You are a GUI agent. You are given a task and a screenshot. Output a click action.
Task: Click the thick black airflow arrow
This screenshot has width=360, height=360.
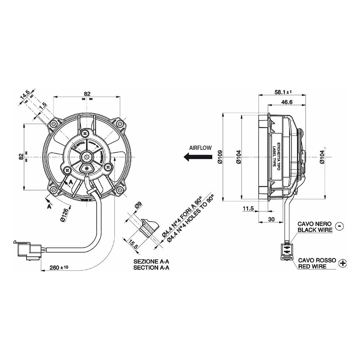tap(197, 157)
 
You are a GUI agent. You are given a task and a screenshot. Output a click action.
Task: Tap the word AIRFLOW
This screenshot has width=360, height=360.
tap(200, 148)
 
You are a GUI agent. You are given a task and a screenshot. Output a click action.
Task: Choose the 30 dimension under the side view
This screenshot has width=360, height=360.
tap(272, 219)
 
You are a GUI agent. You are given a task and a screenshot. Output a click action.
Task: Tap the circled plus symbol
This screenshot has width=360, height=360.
tap(343, 264)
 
